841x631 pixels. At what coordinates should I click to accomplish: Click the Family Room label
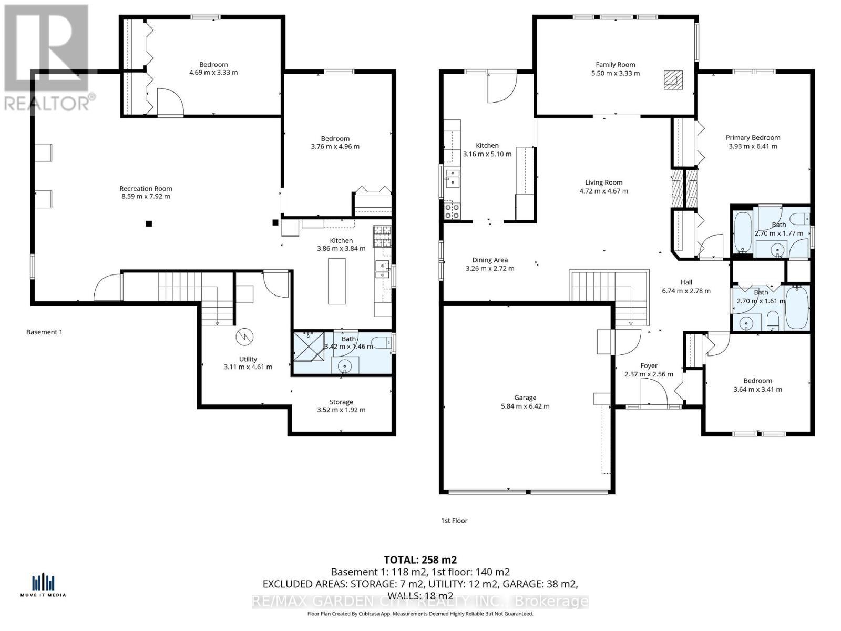click(x=615, y=65)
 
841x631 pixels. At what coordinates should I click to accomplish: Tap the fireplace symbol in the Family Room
click(x=671, y=80)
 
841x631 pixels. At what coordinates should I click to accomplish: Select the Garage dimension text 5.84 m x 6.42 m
click(x=525, y=406)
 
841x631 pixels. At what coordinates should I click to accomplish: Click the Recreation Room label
click(x=146, y=188)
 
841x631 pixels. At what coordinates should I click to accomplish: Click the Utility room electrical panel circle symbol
click(x=244, y=337)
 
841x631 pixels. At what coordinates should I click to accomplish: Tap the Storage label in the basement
click(x=341, y=402)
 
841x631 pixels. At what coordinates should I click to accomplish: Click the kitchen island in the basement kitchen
click(x=337, y=281)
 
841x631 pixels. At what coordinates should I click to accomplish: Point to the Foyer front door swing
click(x=653, y=392)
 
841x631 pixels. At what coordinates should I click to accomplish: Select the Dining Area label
click(x=489, y=260)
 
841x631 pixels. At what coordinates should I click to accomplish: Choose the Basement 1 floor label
click(x=44, y=332)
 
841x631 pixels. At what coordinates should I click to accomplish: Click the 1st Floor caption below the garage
click(x=454, y=521)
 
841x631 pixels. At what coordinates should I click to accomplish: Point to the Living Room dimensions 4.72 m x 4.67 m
click(x=603, y=191)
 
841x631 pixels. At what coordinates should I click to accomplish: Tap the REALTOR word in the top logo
click(x=47, y=103)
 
